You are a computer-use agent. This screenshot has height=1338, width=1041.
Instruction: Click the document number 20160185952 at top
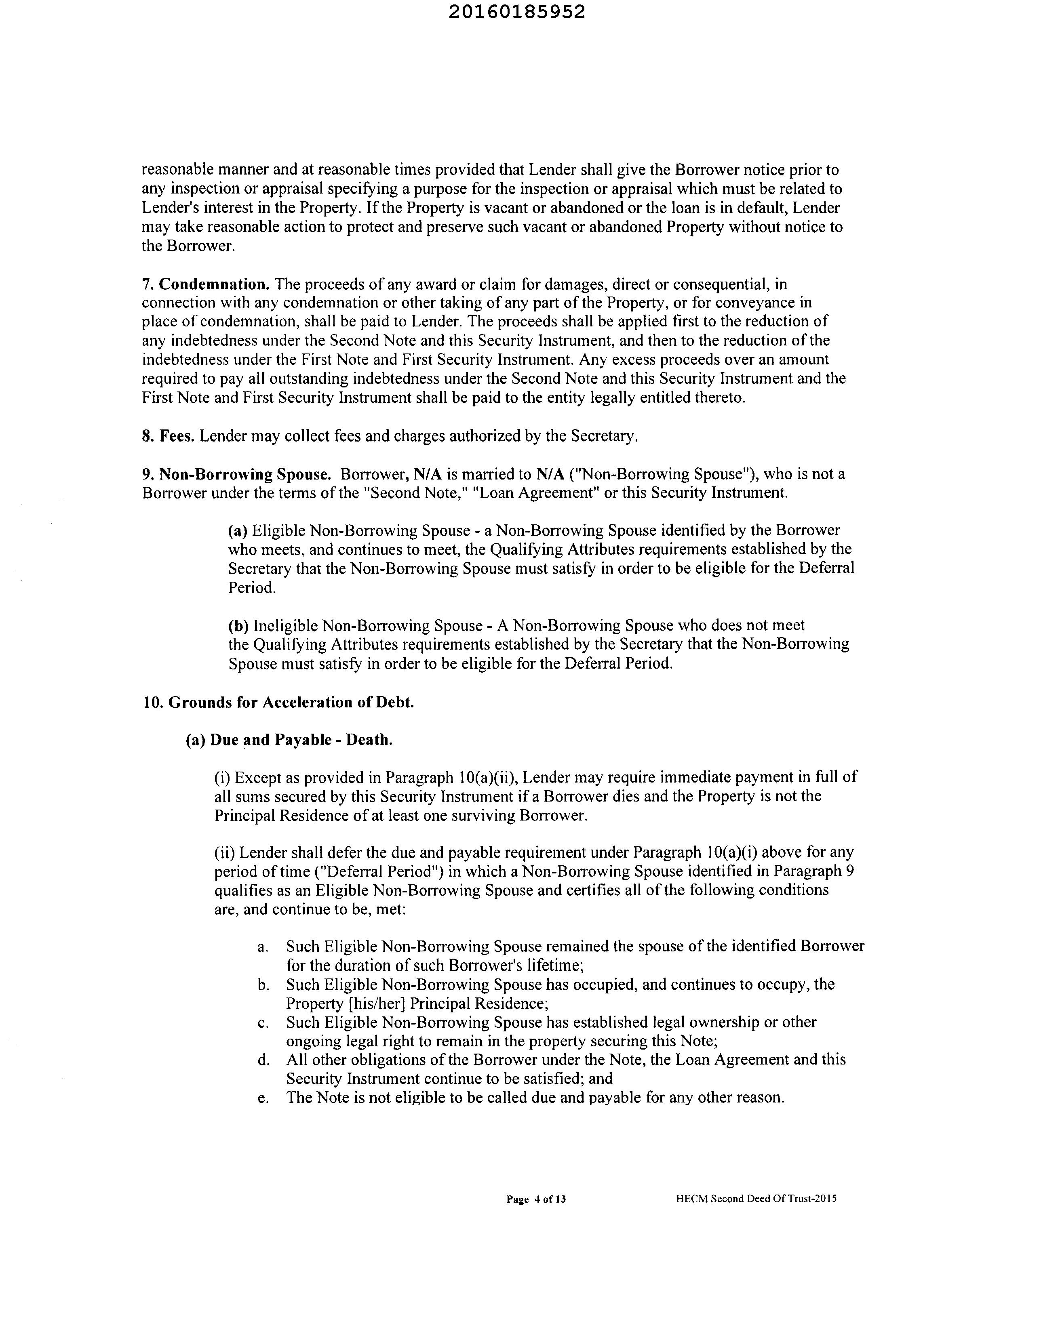click(516, 12)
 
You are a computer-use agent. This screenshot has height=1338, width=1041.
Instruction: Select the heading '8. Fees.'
click(169, 436)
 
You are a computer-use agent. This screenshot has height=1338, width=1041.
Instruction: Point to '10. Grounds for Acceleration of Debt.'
click(279, 702)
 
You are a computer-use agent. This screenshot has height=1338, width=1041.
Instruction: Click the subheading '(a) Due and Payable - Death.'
click(289, 740)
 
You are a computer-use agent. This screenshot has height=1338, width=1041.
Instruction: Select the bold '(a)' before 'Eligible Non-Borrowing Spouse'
click(238, 530)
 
